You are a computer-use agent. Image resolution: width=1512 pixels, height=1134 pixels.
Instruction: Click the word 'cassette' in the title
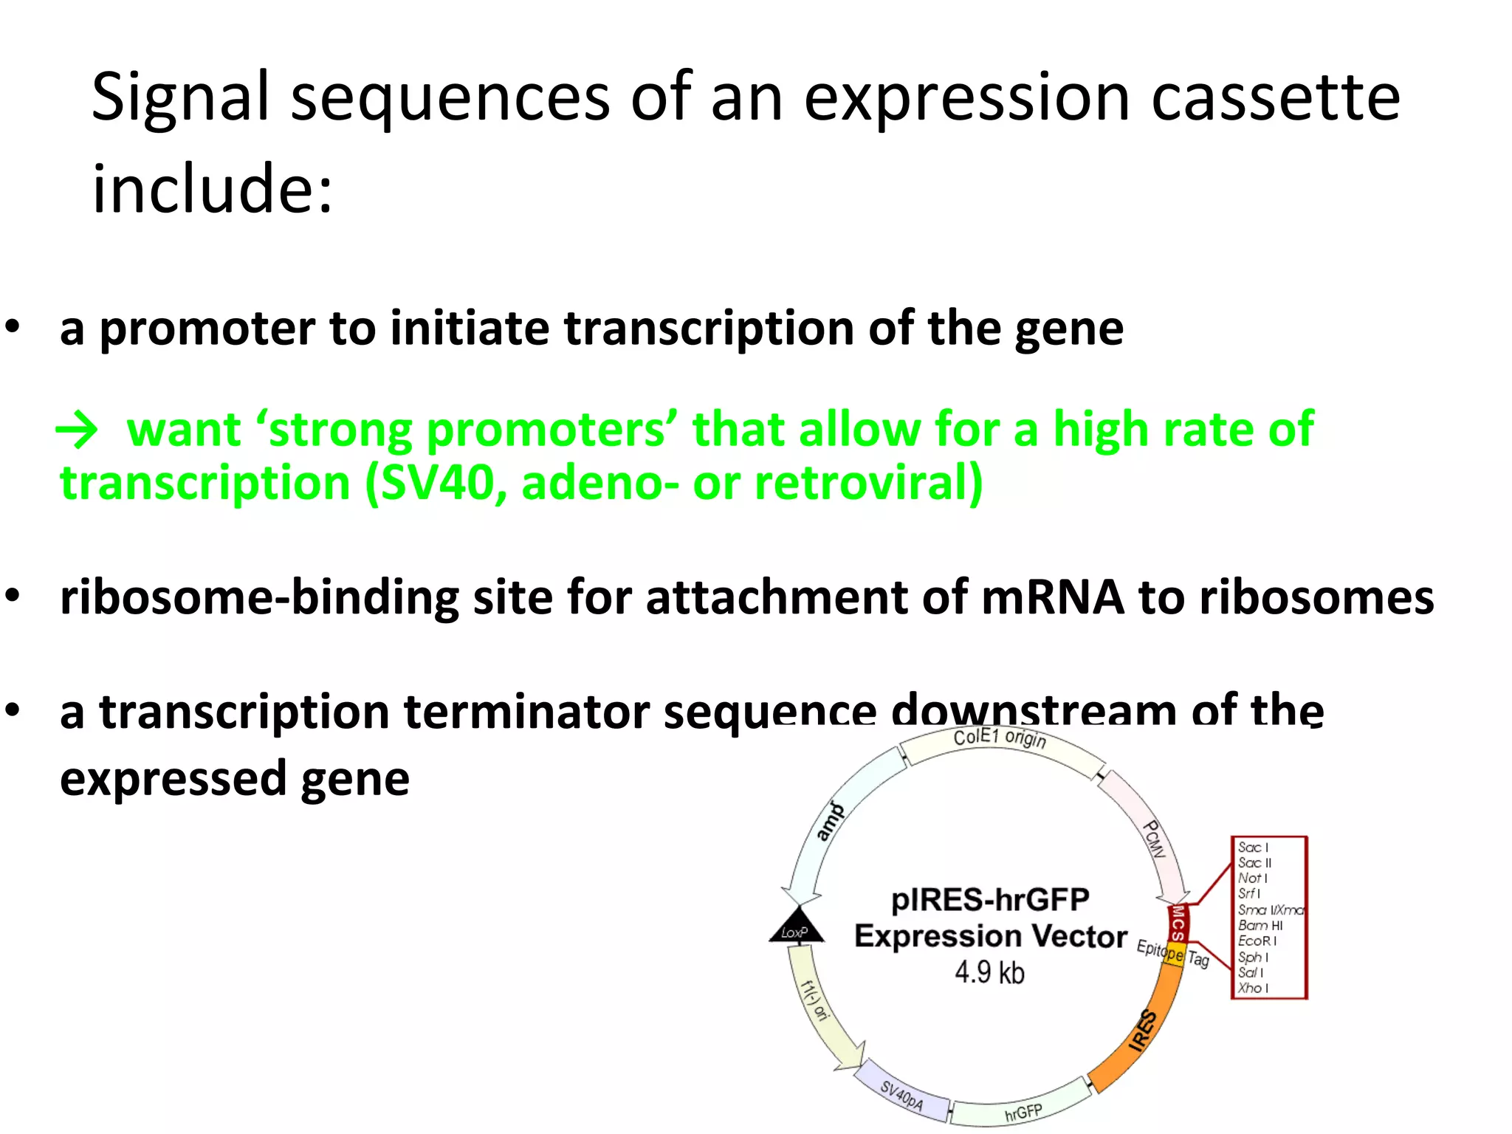pos(1275,99)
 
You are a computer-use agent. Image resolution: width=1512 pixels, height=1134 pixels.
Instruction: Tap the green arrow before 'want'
pos(77,430)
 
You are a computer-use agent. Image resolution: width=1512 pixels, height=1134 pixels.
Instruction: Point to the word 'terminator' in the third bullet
pos(526,712)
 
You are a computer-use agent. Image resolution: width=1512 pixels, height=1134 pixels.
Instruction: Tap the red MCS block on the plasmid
pos(1178,923)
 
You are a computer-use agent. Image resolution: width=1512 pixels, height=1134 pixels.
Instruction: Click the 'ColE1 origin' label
pos(1000,738)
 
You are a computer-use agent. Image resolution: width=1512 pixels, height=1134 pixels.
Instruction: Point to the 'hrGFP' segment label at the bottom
pos(1023,1112)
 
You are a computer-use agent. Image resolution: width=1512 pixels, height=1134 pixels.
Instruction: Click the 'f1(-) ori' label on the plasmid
pos(816,1000)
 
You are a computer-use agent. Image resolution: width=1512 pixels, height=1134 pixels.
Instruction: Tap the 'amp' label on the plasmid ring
pos(831,822)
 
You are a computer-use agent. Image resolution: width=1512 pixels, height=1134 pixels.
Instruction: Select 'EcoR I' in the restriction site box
pos(1257,941)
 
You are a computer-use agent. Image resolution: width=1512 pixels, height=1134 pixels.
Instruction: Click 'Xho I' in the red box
pos(1253,988)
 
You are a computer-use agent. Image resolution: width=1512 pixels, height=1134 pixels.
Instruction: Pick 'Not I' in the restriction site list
pos(1252,879)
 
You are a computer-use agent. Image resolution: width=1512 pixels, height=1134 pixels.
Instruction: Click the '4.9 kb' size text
pos(989,972)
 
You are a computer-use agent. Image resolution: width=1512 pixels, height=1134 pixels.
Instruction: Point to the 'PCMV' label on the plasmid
pos(1154,839)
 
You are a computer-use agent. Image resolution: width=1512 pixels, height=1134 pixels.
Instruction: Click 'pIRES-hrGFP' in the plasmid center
pos(990,900)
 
